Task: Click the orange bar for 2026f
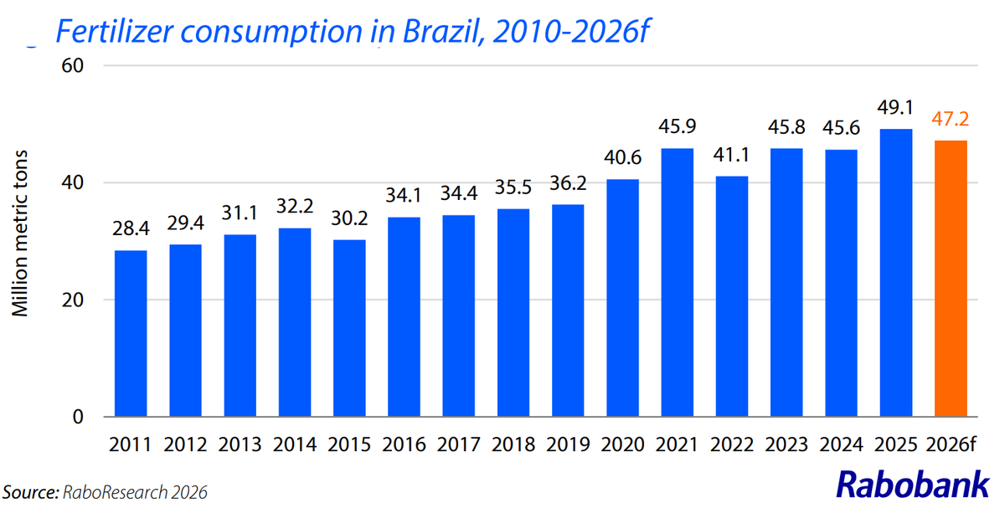coord(951,279)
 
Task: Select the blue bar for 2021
coord(677,283)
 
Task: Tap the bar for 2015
coord(348,328)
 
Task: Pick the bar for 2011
coord(130,333)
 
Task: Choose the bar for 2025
coord(896,273)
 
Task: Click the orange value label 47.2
coord(951,120)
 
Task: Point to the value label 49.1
coord(896,108)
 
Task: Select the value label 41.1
coord(732,156)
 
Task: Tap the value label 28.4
coord(130,230)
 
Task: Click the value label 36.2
coord(568,184)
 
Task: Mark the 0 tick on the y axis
coord(81,417)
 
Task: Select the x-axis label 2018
coord(513,444)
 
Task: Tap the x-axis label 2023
coord(786,444)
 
